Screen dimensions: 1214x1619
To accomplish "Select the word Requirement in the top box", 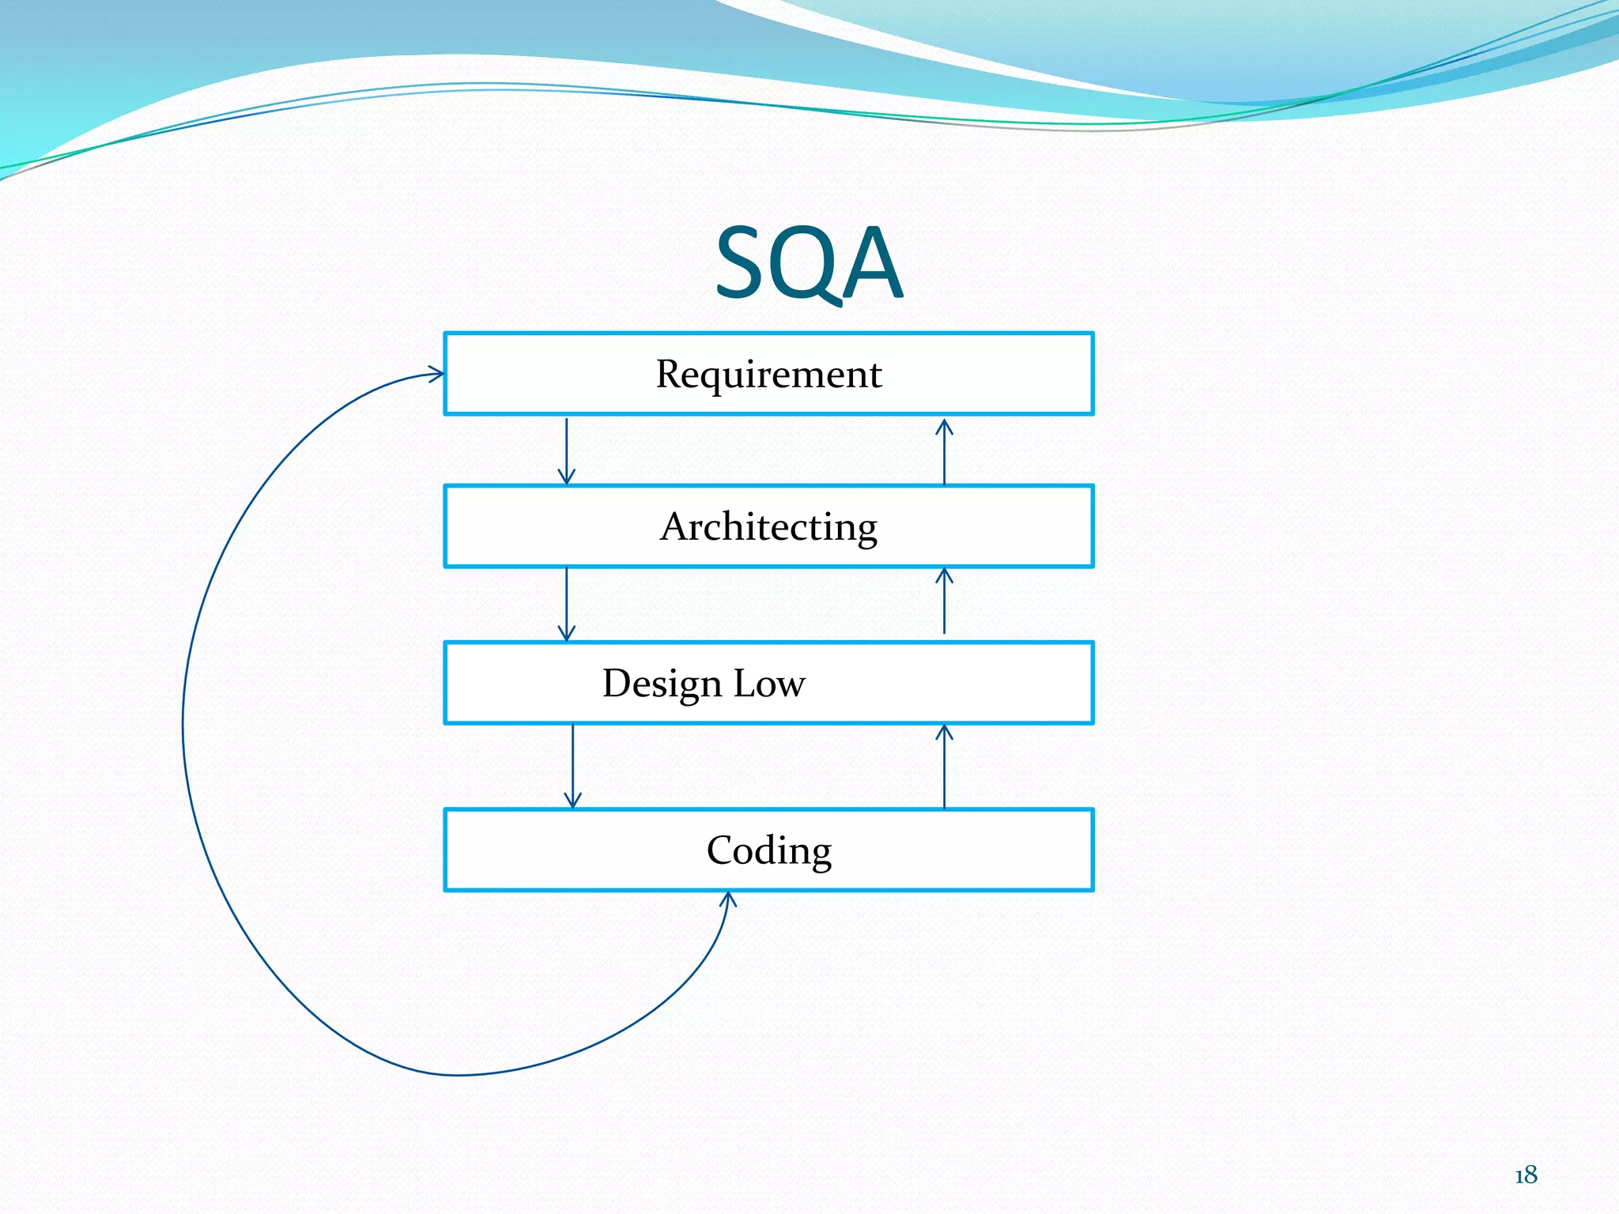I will tap(768, 374).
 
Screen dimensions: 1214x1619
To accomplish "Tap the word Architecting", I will tap(768, 526).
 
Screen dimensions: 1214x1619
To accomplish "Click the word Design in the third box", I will tap(662, 684).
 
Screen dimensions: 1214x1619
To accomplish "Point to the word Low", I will tap(769, 684).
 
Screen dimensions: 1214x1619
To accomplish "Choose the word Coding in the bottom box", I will tap(768, 851).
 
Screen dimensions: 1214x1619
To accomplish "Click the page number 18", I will tap(1526, 1175).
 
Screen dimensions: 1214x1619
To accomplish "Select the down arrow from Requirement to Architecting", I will tap(566, 450).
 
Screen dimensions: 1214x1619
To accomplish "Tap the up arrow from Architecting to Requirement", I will tap(944, 451).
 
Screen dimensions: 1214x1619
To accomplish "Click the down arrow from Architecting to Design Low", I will tap(566, 604).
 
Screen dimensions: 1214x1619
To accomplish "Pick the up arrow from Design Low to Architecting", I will tap(944, 601).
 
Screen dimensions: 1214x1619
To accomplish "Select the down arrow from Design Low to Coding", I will tap(573, 765).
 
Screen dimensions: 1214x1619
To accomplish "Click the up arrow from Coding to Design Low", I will tap(944, 766).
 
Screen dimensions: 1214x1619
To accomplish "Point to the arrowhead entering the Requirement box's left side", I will tap(436, 374).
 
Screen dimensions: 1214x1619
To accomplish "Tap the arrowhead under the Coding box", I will tap(728, 899).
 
